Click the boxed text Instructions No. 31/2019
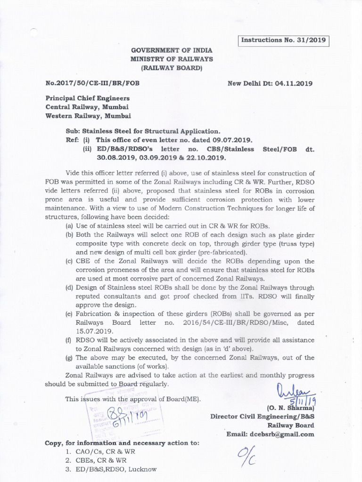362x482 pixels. pos(283,40)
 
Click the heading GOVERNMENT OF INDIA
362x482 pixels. pos(172,50)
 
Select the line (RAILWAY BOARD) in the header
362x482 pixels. pos(172,68)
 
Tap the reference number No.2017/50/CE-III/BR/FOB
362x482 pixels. pos(92,83)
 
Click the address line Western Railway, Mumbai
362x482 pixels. pos(88,115)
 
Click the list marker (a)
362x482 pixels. pos(69,226)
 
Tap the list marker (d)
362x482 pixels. pos(69,288)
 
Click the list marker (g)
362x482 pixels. pos(69,357)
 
